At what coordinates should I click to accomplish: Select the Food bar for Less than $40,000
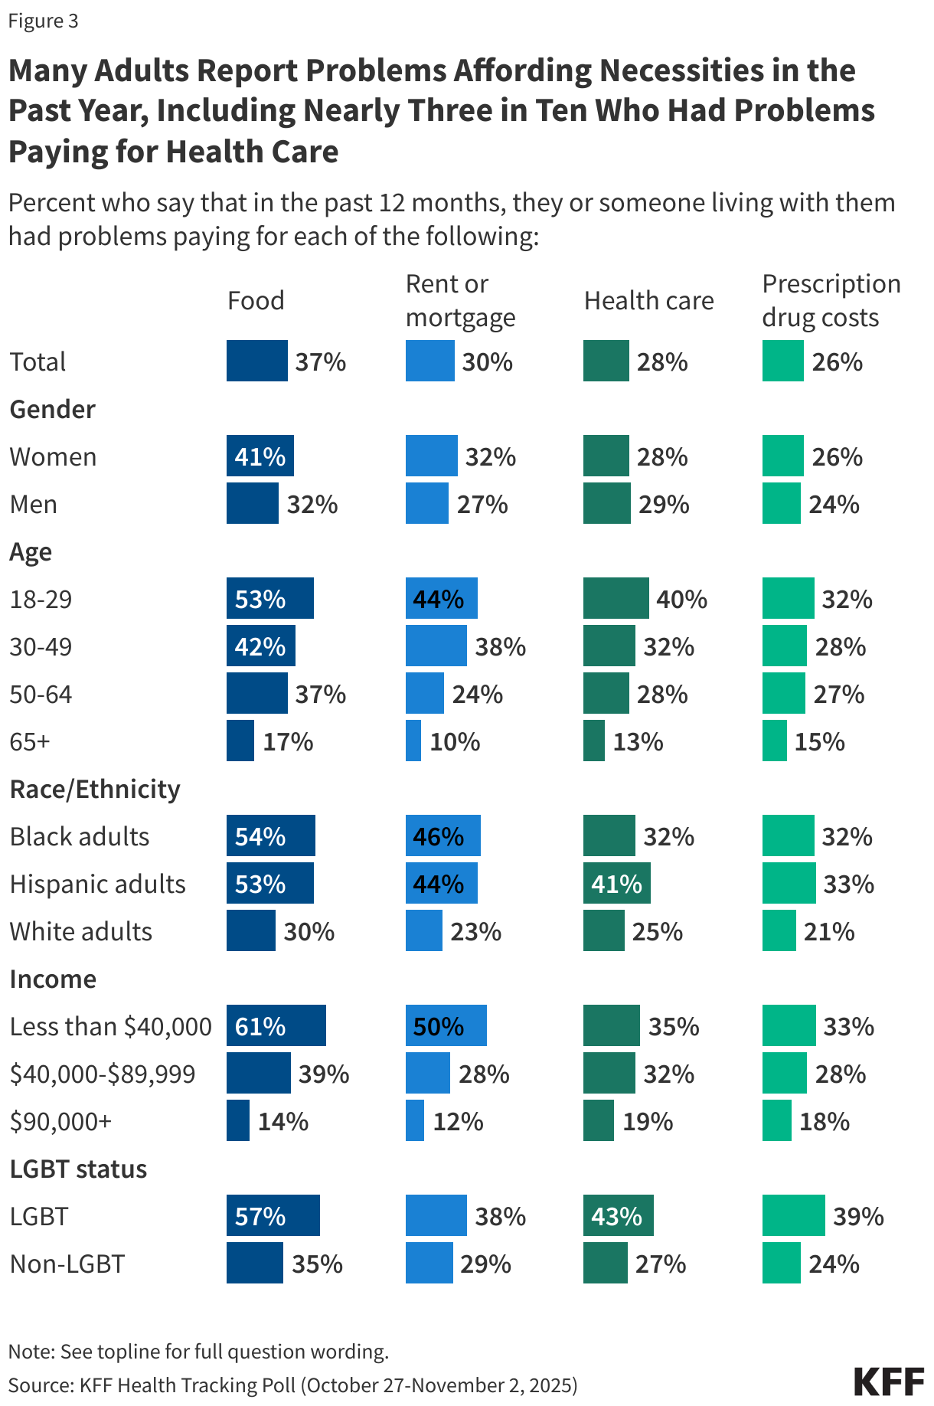pyautogui.click(x=276, y=1025)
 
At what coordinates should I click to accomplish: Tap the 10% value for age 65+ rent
pyautogui.click(x=455, y=741)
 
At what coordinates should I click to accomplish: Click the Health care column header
pyautogui.click(x=648, y=301)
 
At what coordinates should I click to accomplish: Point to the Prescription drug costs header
pyautogui.click(x=831, y=300)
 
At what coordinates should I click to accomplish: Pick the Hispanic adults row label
pyautogui.click(x=98, y=884)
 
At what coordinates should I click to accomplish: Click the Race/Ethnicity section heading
pyautogui.click(x=95, y=789)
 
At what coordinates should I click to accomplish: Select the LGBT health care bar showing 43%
pyautogui.click(x=618, y=1215)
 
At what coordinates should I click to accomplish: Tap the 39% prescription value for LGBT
pyautogui.click(x=858, y=1216)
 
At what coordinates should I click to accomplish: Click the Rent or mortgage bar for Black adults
pyautogui.click(x=443, y=835)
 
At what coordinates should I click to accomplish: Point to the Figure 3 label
pyautogui.click(x=43, y=21)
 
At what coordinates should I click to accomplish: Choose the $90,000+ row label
pyautogui.click(x=60, y=1121)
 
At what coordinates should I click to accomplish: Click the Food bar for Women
pyautogui.click(x=260, y=456)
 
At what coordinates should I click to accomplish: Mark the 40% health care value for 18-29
pyautogui.click(x=681, y=599)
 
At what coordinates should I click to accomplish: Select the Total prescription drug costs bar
pyautogui.click(x=782, y=361)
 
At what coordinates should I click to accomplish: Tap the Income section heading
pyautogui.click(x=53, y=979)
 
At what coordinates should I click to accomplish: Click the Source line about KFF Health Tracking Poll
pyautogui.click(x=292, y=1385)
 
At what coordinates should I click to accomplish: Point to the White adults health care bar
pyautogui.click(x=603, y=930)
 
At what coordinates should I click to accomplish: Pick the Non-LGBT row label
pyautogui.click(x=67, y=1264)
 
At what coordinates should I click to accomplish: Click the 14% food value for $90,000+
pyautogui.click(x=282, y=1121)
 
